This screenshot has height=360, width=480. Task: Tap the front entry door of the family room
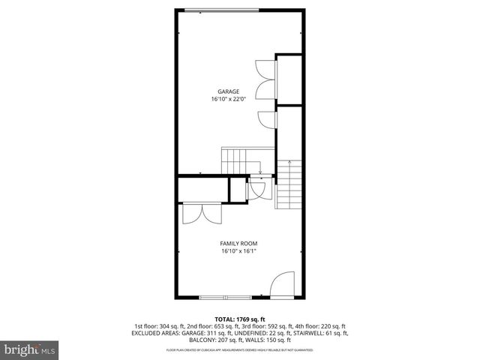click(x=283, y=286)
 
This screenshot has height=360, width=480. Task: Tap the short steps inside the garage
click(x=233, y=159)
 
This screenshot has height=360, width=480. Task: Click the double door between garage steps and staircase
click(x=256, y=189)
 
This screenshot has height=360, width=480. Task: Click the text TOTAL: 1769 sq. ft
click(x=239, y=318)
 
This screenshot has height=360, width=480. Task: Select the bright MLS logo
click(x=29, y=349)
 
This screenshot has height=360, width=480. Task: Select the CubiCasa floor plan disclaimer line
click(x=239, y=350)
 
